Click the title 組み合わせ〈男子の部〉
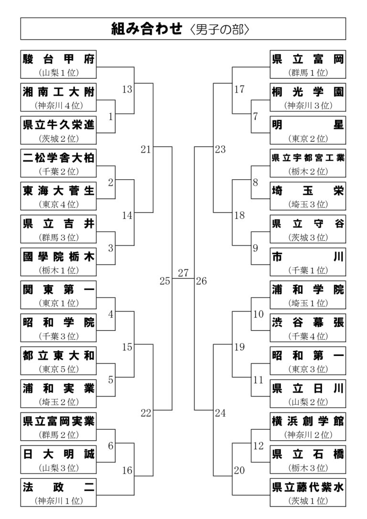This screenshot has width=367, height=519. coord(180,29)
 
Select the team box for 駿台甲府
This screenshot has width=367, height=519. coord(58,64)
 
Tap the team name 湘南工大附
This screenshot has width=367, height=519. coord(59,92)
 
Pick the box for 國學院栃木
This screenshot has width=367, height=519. coord(58,262)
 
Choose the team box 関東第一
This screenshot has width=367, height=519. coord(58,295)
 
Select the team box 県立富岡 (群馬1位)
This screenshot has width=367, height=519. coord(308,64)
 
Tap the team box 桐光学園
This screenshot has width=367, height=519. coord(308,97)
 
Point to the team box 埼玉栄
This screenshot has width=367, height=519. coord(308,196)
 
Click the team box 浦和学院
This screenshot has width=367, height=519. coord(308,295)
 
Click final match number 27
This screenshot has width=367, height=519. coord(183,273)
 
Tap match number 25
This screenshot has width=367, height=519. coord(165,281)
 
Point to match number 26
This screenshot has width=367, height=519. coord(201,281)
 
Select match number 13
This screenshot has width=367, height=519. coord(127,89)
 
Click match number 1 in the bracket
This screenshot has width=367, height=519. coord(111,117)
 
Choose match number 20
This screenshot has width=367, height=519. coord(239,470)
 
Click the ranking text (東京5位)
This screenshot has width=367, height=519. coord(59,369)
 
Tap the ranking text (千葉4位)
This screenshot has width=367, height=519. coord(308,336)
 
